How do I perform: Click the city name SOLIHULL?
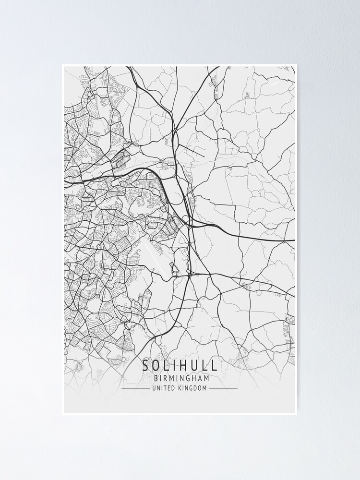click(x=180, y=365)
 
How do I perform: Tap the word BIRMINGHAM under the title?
click(x=180, y=378)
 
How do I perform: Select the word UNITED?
click(x=164, y=388)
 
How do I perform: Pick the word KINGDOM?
click(x=192, y=388)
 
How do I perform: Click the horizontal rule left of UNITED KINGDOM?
click(x=135, y=388)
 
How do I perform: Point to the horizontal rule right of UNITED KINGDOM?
click(x=223, y=388)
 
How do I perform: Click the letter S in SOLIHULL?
click(x=145, y=365)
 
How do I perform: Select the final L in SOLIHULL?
click(x=214, y=365)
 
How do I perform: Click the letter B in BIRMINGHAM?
click(x=156, y=378)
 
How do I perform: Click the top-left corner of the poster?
click(x=63, y=65)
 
